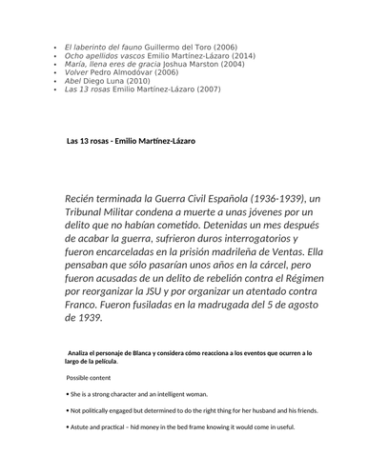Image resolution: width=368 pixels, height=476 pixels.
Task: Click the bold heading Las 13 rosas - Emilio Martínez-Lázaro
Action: pyautogui.click(x=131, y=141)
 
